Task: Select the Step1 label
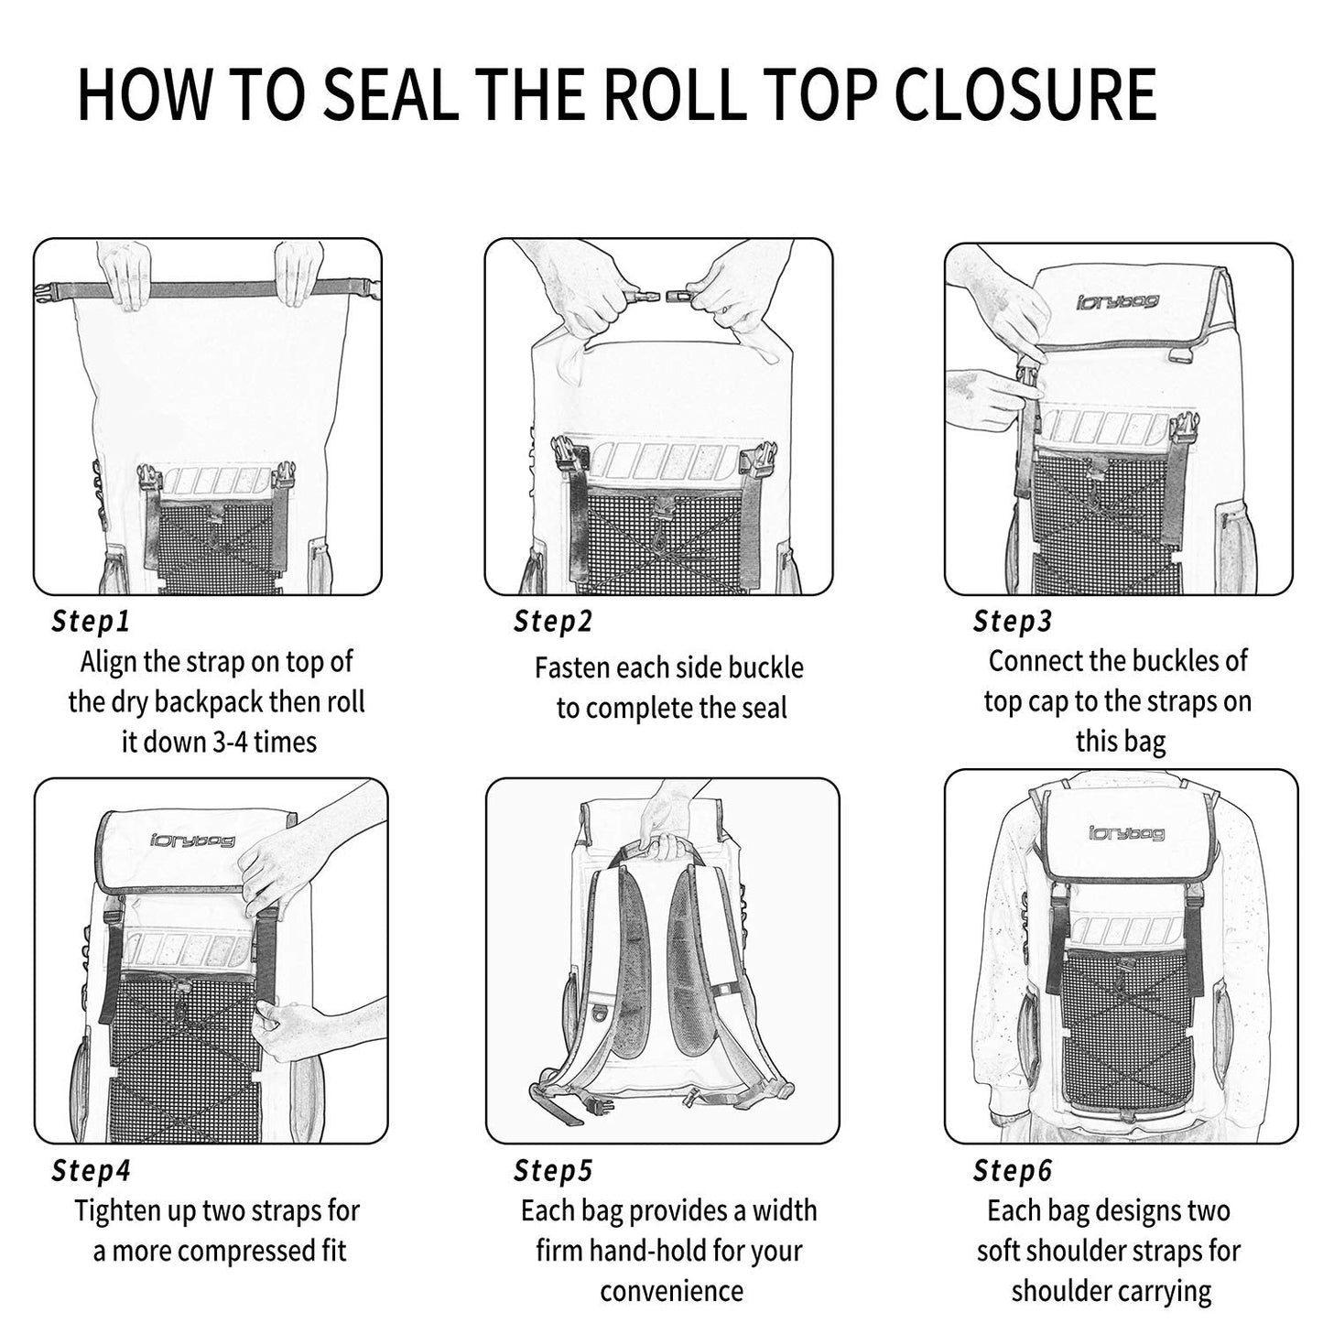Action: pos(91,622)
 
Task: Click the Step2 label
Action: pos(553,622)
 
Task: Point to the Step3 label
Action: pos(1013,622)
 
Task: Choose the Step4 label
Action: pos(91,1170)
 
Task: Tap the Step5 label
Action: pos(553,1170)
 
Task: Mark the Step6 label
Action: pos(1013,1170)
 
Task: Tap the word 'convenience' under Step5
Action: pos(671,1291)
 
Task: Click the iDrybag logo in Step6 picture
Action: pos(1126,833)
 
